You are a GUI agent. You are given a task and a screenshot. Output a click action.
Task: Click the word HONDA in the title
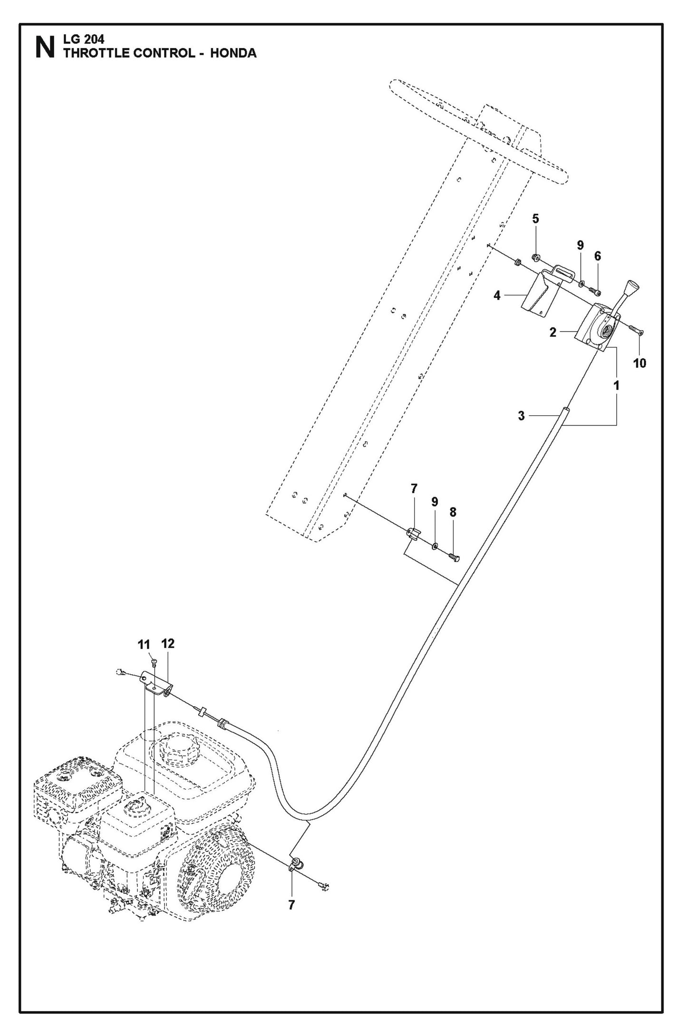point(233,53)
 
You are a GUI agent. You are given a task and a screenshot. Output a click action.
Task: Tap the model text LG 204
point(84,40)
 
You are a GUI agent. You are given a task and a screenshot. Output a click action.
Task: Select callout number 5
point(535,219)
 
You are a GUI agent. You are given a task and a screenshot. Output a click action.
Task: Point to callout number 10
point(639,363)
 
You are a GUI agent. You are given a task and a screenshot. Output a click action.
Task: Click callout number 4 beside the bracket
point(497,296)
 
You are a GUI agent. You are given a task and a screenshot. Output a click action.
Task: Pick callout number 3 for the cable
point(521,416)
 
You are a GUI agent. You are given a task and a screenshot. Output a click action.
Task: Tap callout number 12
point(168,643)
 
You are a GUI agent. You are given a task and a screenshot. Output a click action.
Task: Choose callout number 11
point(144,645)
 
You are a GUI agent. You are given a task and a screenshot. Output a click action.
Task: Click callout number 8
point(453,512)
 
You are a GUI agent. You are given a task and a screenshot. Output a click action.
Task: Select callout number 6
point(597,256)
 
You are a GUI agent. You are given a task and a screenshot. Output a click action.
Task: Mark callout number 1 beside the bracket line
point(616,386)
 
